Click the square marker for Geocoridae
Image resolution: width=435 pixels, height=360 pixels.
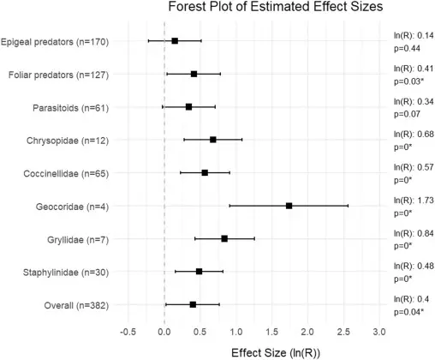coord(289,206)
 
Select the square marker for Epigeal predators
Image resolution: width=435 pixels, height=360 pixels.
coord(175,41)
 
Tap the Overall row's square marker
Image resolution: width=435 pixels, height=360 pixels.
coord(193,304)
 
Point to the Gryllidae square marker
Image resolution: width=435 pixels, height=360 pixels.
coord(224,238)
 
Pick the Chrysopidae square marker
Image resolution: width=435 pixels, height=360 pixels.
coord(213,140)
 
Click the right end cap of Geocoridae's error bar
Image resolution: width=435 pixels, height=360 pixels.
coord(348,206)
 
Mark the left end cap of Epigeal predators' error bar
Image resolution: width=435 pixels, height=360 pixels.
coord(148,41)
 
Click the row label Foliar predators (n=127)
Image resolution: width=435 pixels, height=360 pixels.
coord(58,75)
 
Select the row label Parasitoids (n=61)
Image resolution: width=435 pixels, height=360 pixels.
coord(71,108)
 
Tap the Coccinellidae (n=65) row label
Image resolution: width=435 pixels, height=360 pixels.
coord(66,174)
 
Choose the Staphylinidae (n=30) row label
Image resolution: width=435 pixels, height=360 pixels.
coord(66,273)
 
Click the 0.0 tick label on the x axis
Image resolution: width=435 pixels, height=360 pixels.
coord(164,332)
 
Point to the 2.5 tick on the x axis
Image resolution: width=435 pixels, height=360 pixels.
coord(343,332)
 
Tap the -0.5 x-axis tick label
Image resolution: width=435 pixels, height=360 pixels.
coord(128,332)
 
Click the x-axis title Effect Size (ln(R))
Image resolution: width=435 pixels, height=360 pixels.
coord(276,353)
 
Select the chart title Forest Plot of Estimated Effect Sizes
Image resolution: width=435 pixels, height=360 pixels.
coord(276,6)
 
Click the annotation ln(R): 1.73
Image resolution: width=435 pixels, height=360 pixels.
coord(414,201)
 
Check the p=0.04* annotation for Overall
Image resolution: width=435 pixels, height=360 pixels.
coord(408,312)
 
